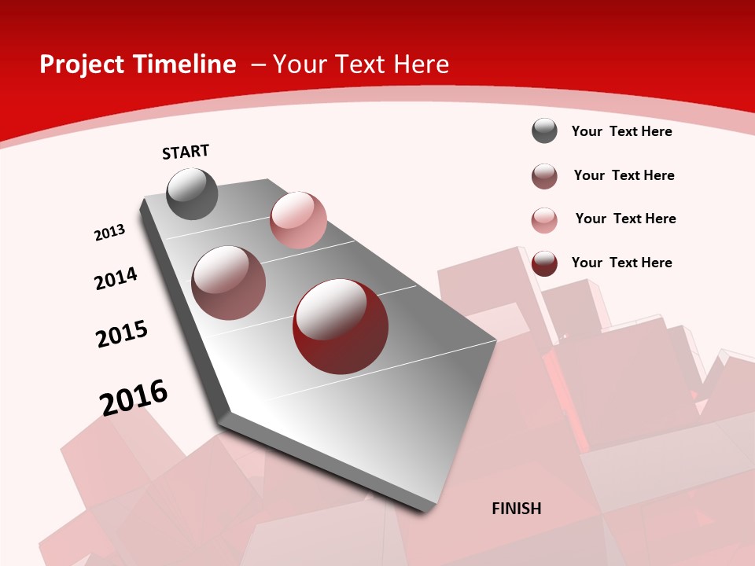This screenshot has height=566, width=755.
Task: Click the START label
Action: point(186,152)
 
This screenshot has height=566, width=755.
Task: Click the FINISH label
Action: point(517,509)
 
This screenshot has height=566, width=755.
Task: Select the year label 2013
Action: point(109,233)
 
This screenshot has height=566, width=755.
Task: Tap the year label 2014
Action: point(116,278)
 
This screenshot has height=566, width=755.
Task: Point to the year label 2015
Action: point(122,334)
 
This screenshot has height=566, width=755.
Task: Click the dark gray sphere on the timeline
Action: point(192,193)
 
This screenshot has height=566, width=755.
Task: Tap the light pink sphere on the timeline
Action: point(298,219)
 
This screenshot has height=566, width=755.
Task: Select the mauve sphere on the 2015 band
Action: point(229,282)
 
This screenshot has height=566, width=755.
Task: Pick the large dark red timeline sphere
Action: point(341,326)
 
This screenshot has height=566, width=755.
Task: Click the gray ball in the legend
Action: point(544,130)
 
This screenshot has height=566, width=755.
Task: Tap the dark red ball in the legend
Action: point(544,263)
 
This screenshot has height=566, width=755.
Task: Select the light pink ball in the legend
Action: point(544,220)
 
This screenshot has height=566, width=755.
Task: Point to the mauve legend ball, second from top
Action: point(544,176)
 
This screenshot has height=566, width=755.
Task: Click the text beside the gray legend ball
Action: point(621,131)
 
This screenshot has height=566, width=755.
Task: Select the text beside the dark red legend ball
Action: point(621,263)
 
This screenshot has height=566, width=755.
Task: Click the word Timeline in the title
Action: point(186,64)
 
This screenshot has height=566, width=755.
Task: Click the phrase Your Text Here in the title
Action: point(361,64)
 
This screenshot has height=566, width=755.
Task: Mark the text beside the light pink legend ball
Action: point(625,219)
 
